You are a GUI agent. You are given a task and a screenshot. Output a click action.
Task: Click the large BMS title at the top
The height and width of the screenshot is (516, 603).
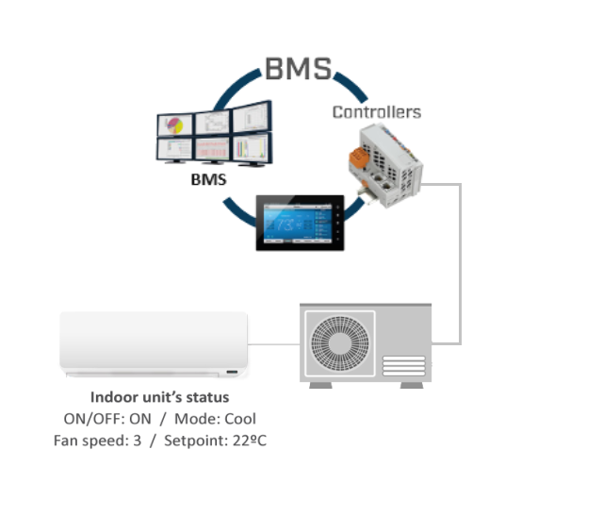(299, 68)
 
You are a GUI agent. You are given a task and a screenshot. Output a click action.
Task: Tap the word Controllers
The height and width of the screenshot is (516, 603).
(376, 112)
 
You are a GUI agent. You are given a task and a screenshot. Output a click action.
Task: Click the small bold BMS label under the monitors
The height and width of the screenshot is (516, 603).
(208, 178)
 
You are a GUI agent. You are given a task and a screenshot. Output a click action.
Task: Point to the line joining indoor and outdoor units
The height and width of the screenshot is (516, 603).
(274, 343)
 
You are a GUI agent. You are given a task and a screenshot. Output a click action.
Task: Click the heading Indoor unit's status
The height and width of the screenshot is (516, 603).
(159, 397)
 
